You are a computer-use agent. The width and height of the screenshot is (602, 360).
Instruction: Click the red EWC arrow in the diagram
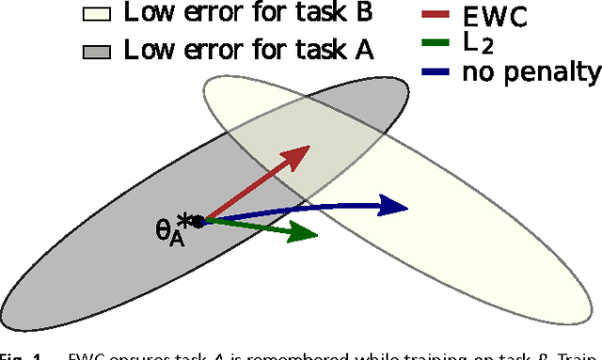[254, 182]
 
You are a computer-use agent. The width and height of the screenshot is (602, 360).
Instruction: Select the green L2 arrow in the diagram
[254, 228]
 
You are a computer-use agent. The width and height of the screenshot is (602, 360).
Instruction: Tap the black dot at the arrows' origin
[198, 221]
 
